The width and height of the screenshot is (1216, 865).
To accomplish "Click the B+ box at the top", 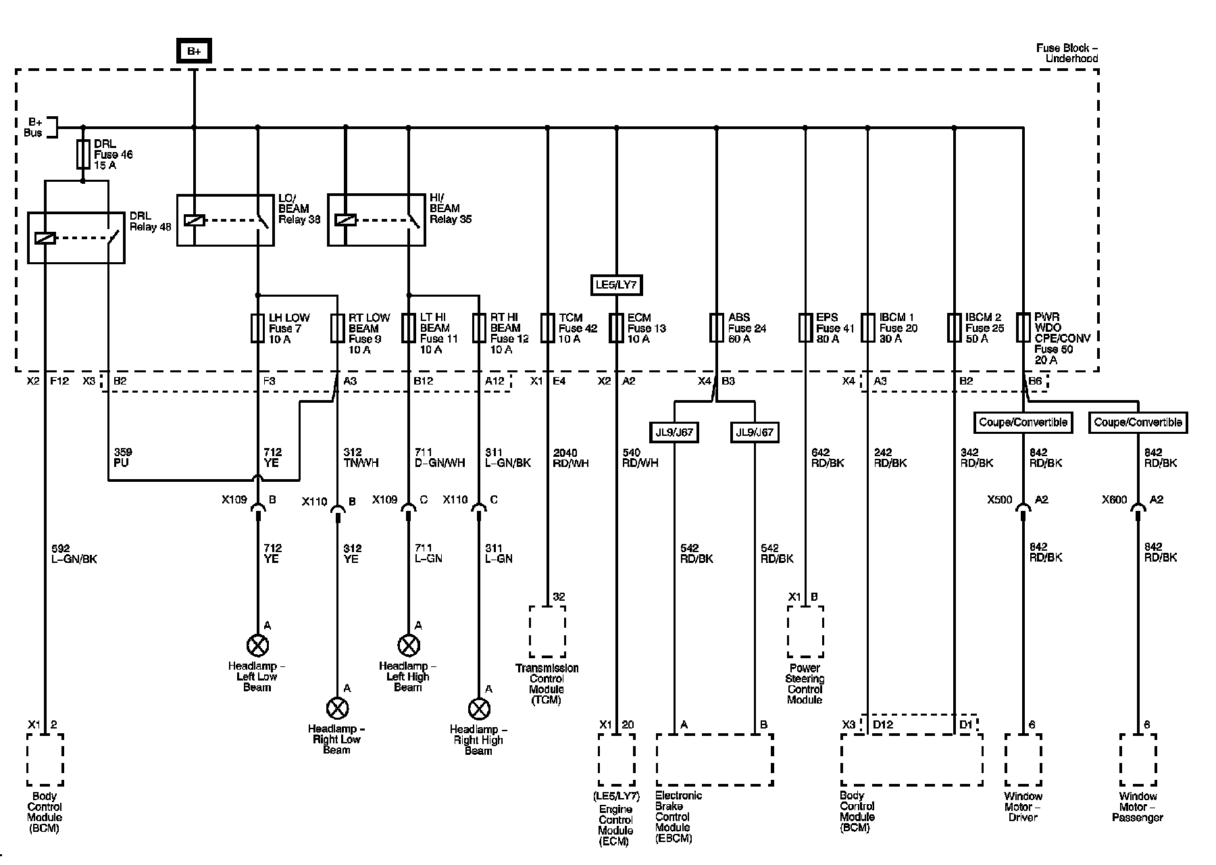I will (194, 51).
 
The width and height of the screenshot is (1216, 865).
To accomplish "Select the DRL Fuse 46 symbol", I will (83, 154).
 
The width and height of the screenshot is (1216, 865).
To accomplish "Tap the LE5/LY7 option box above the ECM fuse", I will (615, 285).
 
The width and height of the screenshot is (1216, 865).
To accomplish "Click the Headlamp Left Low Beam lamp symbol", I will (257, 646).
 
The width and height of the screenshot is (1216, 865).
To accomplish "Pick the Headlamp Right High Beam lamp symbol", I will (479, 709).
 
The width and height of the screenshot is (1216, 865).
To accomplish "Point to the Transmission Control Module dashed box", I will (547, 631).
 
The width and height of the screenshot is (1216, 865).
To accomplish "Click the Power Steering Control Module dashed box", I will (805, 631).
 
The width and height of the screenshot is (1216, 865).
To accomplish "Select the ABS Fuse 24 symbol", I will (716, 328).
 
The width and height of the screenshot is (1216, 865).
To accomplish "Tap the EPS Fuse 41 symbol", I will (805, 328).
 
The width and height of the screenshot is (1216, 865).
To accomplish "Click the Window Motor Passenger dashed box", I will (1138, 760).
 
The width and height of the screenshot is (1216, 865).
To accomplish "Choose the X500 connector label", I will (1000, 500).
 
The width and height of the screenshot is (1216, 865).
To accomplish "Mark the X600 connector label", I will (1115, 500).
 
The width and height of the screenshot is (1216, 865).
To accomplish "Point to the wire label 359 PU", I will (123, 458).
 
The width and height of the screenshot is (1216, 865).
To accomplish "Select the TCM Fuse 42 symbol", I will (547, 328).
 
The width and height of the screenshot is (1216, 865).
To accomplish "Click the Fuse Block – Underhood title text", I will (1067, 53).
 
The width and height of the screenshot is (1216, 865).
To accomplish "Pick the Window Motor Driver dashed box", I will (1023, 760).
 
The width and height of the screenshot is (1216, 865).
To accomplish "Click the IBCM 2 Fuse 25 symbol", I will (954, 328).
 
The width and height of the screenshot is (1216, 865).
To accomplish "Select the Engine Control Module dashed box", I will (616, 760).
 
